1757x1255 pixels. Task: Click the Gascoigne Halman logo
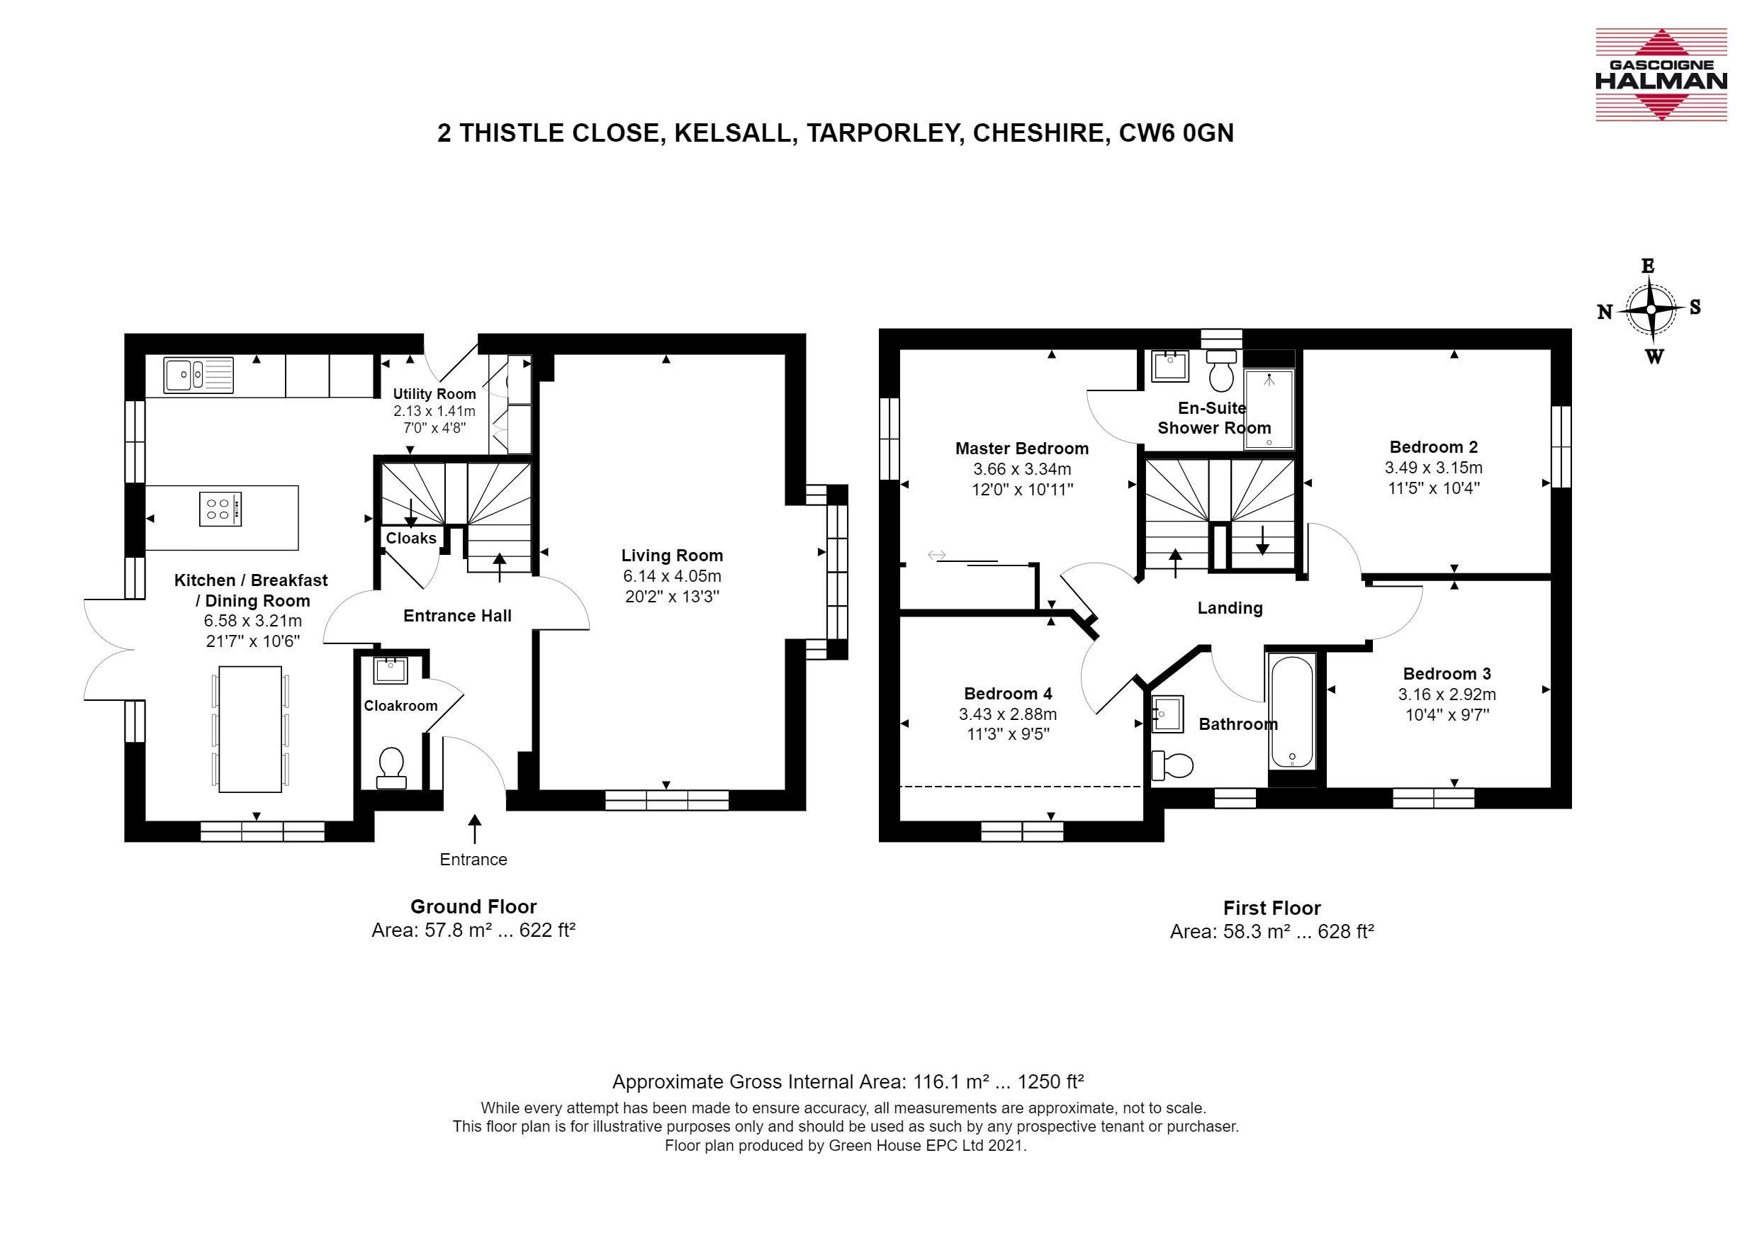1661,75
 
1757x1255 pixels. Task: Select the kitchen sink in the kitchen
198,376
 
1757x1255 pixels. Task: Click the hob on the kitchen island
220,510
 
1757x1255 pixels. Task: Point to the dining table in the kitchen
249,728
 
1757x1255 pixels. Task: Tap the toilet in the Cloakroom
391,767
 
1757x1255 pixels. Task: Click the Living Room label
672,555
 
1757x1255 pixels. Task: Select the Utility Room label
434,393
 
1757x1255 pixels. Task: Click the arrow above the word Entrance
475,828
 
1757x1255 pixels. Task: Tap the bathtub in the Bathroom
1291,711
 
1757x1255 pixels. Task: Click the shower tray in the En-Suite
1269,409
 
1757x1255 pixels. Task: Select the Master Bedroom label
1022,448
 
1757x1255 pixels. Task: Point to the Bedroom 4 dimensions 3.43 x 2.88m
1008,714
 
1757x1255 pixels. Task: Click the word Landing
1230,608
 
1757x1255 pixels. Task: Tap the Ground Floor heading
473,906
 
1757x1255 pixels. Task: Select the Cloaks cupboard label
411,538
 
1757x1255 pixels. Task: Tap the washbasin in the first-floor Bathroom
1167,714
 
